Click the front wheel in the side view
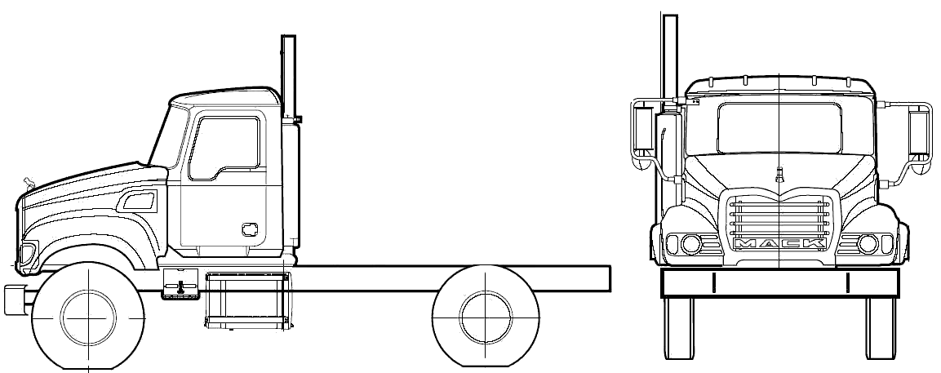[88, 317]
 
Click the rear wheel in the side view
[486, 317]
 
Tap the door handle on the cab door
[250, 229]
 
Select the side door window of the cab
[224, 149]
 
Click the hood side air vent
[139, 201]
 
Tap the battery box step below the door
[180, 283]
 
